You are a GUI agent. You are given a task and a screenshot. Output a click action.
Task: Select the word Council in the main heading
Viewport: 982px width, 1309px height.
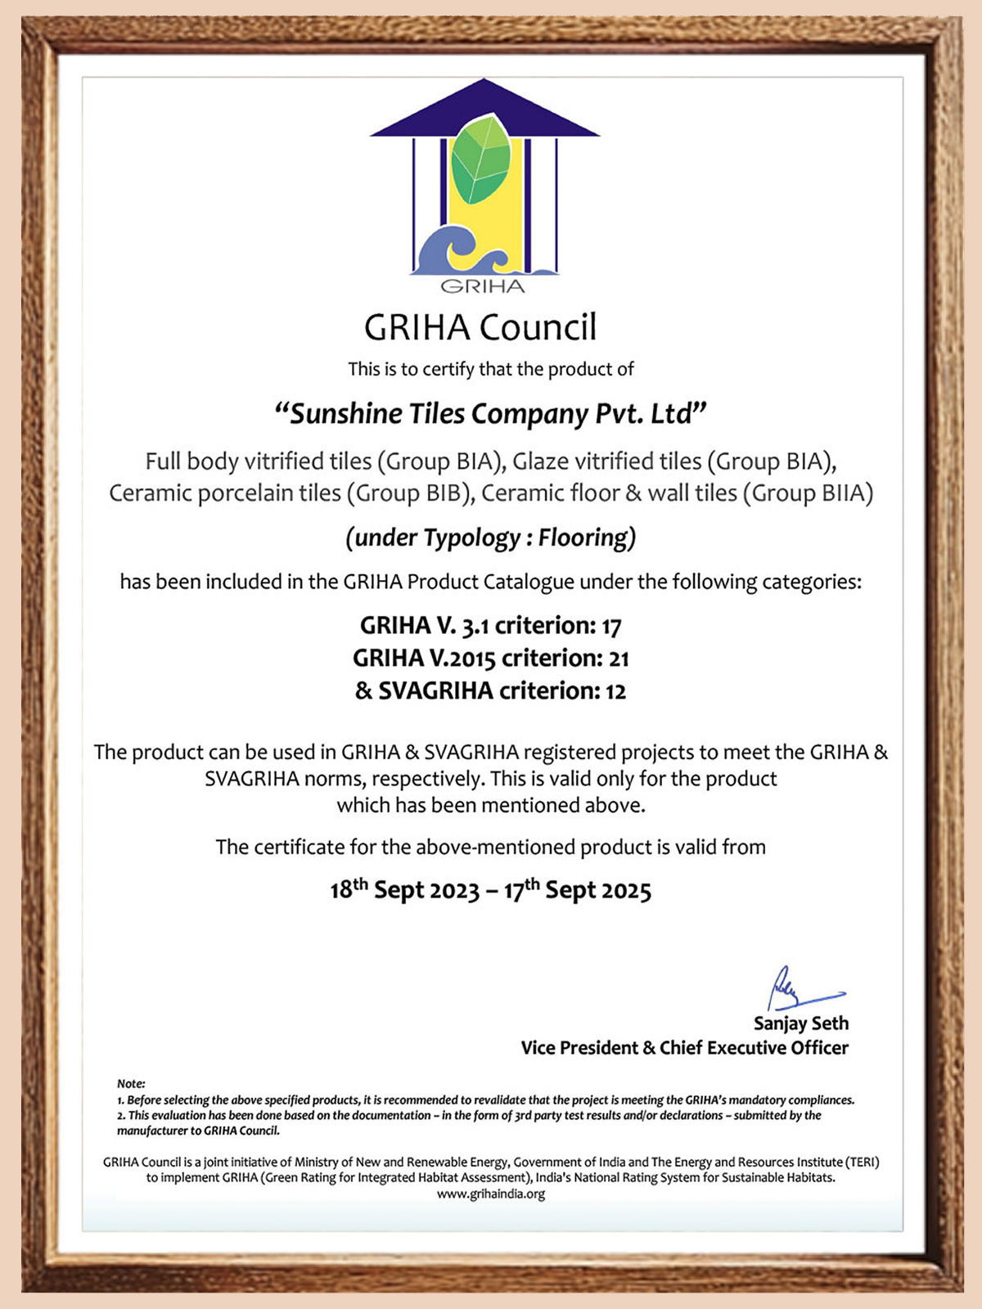click(538, 327)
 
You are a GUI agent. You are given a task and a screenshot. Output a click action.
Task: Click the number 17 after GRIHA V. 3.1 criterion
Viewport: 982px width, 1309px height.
click(611, 627)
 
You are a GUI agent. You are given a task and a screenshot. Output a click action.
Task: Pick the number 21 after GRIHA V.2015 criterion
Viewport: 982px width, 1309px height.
click(619, 659)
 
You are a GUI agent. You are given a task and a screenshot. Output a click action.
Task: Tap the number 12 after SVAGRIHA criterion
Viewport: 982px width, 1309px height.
click(615, 691)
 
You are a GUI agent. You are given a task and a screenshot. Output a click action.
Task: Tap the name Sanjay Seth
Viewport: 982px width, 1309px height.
click(800, 1023)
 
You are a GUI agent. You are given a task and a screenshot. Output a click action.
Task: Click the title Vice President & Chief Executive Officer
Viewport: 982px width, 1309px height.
click(684, 1048)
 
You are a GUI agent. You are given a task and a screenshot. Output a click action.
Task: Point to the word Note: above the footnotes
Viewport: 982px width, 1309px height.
click(131, 1083)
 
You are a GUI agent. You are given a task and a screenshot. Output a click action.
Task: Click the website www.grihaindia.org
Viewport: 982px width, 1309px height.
click(491, 1194)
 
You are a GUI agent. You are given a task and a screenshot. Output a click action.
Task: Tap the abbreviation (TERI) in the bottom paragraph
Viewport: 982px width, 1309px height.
click(863, 1162)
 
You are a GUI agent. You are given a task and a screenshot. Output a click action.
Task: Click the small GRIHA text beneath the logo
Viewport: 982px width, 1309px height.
click(483, 286)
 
